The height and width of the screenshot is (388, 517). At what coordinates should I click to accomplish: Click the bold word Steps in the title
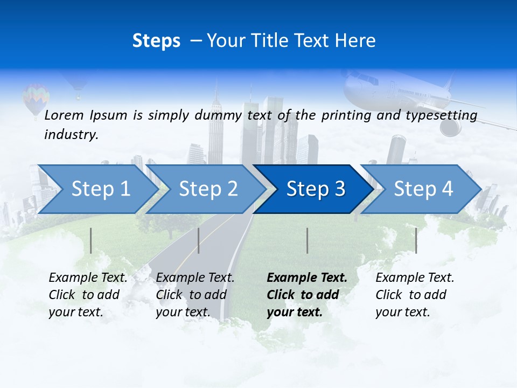pos(156,40)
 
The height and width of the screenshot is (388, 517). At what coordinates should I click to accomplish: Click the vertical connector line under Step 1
pos(91,240)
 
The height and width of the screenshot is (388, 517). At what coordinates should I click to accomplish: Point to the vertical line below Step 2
pos(199,240)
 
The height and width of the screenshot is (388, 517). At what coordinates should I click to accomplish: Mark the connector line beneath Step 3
pos(307,240)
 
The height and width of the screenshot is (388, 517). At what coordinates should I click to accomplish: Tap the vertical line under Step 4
pos(416,240)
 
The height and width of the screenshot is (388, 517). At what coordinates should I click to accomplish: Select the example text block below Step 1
pos(88,295)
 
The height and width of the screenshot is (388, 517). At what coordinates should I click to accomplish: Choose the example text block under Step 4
pos(415,295)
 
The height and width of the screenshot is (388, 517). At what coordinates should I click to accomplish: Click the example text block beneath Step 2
pos(195,295)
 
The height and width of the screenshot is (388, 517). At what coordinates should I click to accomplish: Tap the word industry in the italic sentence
pos(71,135)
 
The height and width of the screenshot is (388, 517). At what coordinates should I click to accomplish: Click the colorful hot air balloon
pos(36,97)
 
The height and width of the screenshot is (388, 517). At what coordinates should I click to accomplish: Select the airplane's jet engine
pos(451,127)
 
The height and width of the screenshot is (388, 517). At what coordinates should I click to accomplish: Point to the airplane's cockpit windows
pos(367,80)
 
